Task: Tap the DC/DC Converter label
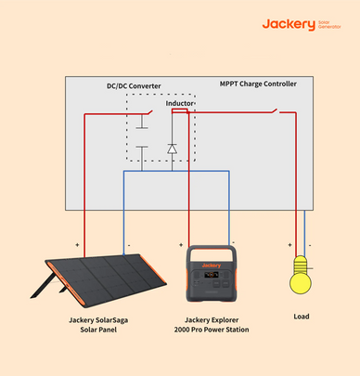[134, 86]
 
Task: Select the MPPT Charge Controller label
[259, 84]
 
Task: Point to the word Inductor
[180, 103]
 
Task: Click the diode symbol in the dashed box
[172, 148]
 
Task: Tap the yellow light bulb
[300, 278]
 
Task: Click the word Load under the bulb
[301, 316]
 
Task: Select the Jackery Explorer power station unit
[212, 275]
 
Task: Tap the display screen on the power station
[212, 276]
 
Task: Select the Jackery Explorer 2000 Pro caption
[211, 323]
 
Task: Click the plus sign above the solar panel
[76, 246]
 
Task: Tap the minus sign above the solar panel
[128, 246]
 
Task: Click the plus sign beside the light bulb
[289, 246]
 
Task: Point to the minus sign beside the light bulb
[310, 246]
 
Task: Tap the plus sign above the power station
[180, 246]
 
